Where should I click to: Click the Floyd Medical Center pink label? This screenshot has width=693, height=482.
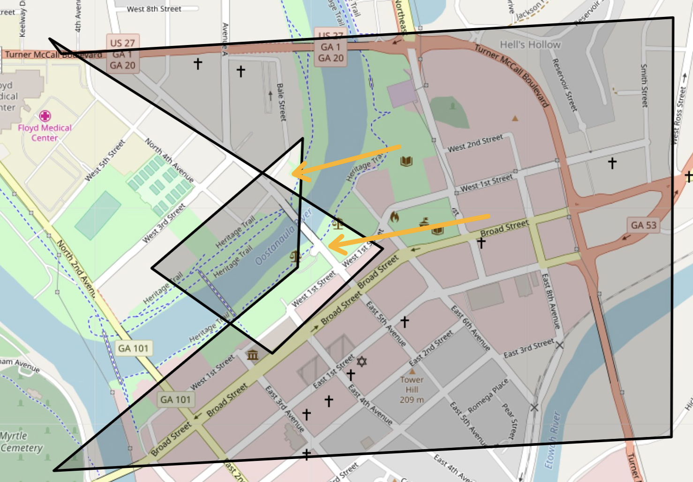(x=45, y=133)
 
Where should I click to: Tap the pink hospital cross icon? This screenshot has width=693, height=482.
(x=45, y=116)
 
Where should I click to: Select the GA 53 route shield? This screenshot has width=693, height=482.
(x=643, y=225)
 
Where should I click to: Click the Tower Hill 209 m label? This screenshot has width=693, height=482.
(x=412, y=389)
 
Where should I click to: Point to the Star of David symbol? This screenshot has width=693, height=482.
(x=362, y=361)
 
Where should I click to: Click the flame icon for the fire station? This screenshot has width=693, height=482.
(x=394, y=217)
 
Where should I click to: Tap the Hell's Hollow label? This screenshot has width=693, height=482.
(x=530, y=45)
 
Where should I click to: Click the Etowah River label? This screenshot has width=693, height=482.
(x=553, y=440)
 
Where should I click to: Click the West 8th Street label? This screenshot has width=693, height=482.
(x=154, y=9)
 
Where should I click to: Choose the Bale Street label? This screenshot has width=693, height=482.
(x=281, y=102)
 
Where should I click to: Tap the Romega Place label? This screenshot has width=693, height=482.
(x=488, y=396)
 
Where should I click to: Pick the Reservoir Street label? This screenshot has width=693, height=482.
(x=564, y=85)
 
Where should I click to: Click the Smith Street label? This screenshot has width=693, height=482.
(x=644, y=85)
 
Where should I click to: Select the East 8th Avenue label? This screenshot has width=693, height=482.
(x=550, y=301)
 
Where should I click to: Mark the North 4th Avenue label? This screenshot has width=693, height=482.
(x=169, y=160)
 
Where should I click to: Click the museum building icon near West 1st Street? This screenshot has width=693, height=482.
(x=253, y=355)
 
